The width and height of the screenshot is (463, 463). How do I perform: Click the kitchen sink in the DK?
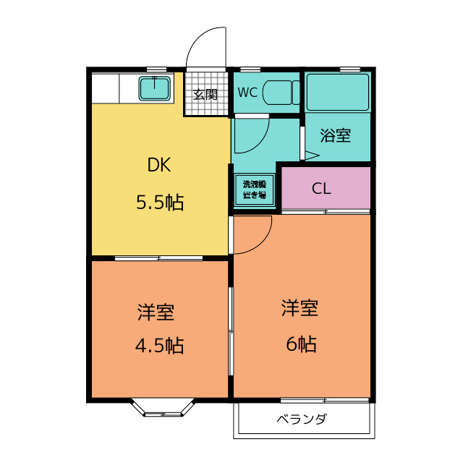coord(155,88)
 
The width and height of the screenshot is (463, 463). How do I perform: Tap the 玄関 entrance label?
coord(205,94)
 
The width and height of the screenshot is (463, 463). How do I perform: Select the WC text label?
coord(248,93)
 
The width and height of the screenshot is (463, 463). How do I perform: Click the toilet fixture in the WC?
coord(279,93)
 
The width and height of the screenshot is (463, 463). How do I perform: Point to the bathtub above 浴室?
coord(338,93)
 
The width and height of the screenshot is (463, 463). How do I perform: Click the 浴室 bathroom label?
coord(336,135)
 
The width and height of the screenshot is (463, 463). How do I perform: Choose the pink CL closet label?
coord(322,189)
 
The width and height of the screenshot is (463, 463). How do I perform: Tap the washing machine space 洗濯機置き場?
coord(254,190)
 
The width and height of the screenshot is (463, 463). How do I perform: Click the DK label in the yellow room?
coord(159,165)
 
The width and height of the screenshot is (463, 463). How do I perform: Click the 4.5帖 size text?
coord(159,346)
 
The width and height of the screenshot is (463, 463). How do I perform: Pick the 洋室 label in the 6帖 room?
coord(300,309)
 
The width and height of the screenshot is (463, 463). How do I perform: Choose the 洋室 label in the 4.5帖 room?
coord(156,313)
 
